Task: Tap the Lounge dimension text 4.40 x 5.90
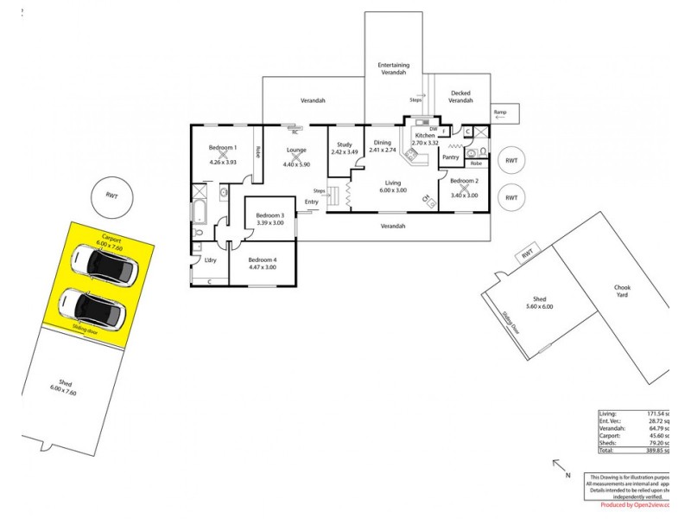tap(296, 163)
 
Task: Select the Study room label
tap(344, 144)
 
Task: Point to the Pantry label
tap(450, 157)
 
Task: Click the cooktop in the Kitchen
tap(411, 157)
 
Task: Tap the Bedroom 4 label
tap(263, 259)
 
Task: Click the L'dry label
tap(209, 259)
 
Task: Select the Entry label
tap(311, 202)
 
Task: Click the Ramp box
tap(500, 112)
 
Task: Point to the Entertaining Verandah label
tap(393, 68)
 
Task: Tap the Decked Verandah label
tap(460, 97)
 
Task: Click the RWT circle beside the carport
tap(111, 195)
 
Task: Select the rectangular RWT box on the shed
tap(528, 253)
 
